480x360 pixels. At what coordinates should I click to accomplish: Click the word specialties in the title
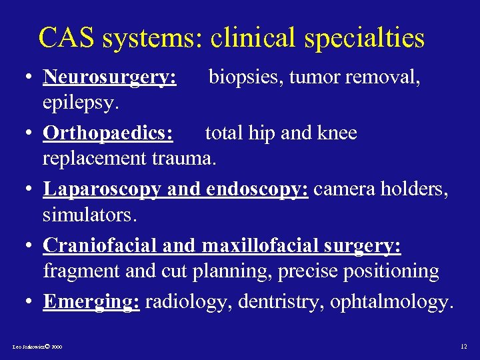coord(363,39)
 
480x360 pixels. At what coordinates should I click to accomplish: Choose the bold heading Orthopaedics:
coord(108,133)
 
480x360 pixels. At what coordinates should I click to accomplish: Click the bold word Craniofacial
coord(99,245)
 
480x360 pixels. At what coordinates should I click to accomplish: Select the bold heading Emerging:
coord(91,301)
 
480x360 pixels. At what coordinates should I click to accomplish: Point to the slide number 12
coord(464,347)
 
